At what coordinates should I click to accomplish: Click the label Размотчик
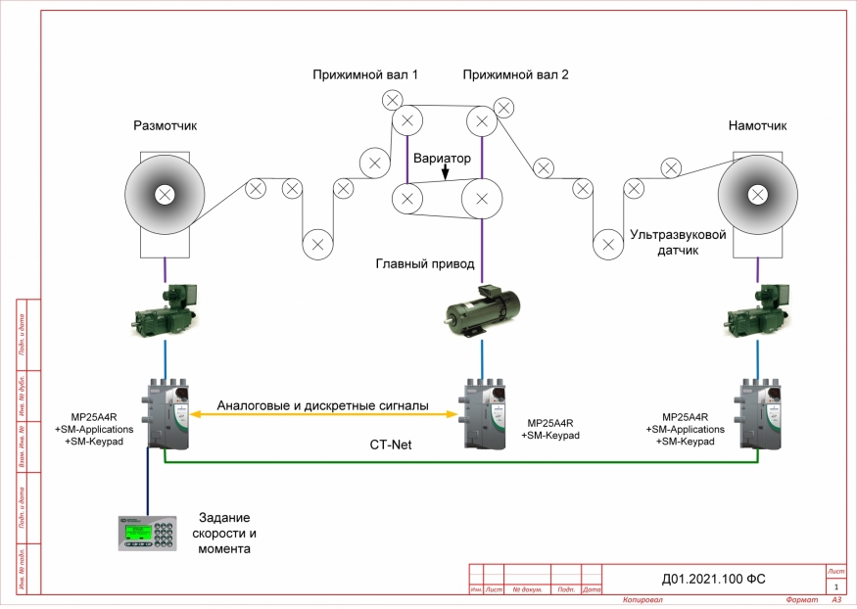(166, 125)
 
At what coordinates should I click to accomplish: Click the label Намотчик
(757, 125)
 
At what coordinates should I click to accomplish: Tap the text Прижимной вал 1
(365, 74)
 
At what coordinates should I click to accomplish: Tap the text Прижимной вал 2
(515, 74)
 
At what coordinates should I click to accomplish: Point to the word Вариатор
(442, 158)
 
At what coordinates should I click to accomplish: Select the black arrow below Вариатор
(445, 173)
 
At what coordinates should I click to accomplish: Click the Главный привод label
(425, 263)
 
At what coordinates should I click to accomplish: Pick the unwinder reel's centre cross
(166, 195)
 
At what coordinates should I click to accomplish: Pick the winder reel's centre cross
(755, 195)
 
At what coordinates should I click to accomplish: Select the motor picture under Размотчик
(166, 310)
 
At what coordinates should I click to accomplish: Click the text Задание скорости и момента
(227, 534)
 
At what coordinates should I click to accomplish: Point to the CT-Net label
(390, 444)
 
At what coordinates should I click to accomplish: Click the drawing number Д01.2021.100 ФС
(712, 580)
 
